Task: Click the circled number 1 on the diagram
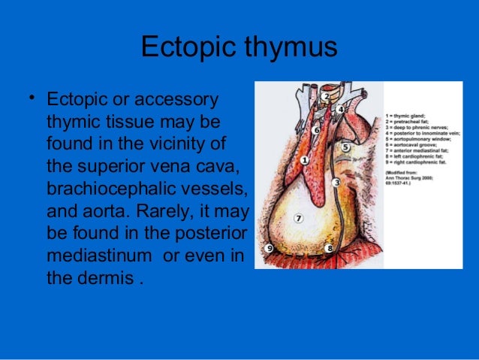click(x=304, y=160)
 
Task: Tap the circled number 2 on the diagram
click(x=324, y=96)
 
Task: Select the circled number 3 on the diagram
click(x=336, y=183)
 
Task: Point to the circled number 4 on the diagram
click(x=340, y=109)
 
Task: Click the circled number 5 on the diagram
click(x=345, y=147)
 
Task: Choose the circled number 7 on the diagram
click(x=298, y=219)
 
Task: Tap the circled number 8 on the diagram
click(x=329, y=247)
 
